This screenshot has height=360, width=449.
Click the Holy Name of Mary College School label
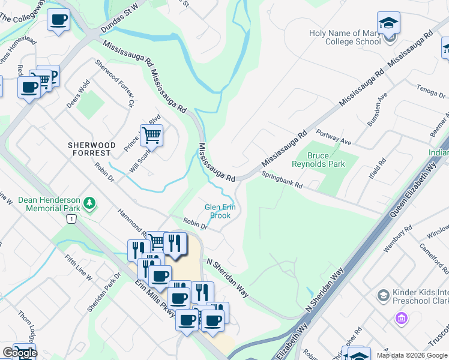345,37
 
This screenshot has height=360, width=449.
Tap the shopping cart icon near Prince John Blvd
152,135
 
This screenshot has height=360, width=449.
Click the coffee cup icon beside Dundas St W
58,20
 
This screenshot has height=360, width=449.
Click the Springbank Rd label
282,179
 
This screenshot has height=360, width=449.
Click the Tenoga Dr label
430,92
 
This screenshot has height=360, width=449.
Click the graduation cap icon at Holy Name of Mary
389,23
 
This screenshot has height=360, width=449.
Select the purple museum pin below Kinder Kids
401,317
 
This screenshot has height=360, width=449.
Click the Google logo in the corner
20,353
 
